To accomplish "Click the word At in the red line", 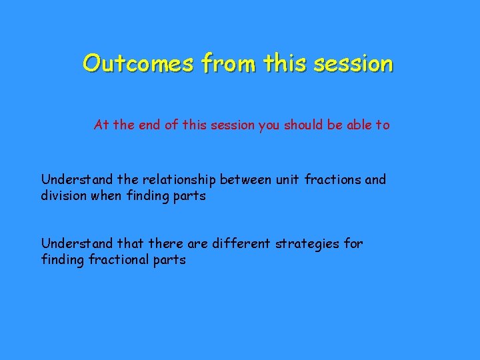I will pyautogui.click(x=101, y=125).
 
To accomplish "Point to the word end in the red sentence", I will pyautogui.click(x=148, y=125).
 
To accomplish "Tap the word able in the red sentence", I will pyautogui.click(x=351, y=125).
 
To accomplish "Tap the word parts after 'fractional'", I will pyautogui.click(x=170, y=260).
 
